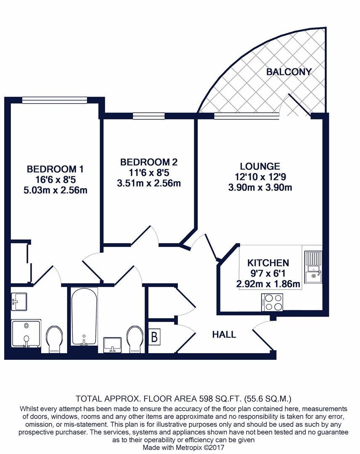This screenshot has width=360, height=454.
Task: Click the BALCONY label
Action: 289,71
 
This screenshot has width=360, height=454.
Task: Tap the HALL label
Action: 224,335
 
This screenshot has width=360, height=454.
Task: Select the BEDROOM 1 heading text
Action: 55,169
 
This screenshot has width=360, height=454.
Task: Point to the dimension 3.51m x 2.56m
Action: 149,183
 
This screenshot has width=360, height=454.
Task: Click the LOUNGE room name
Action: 260,166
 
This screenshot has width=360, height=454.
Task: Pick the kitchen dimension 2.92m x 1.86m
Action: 268,284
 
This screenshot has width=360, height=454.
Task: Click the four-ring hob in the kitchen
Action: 272,302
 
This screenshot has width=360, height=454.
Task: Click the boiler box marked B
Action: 155,337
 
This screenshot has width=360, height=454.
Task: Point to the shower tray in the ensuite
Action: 26,334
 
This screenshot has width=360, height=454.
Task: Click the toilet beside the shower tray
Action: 55,339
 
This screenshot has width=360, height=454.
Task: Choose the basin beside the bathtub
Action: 112,344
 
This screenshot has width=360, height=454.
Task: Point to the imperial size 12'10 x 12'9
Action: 260,177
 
